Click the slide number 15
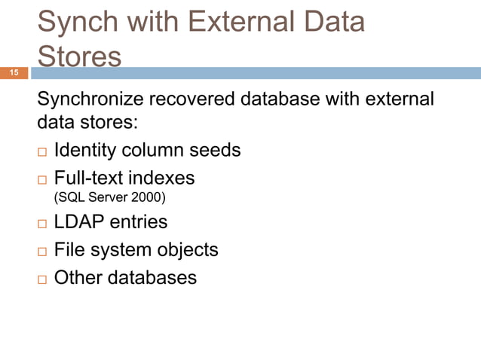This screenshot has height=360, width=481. pyautogui.click(x=14, y=73)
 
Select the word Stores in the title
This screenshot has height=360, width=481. pyautogui.click(x=79, y=57)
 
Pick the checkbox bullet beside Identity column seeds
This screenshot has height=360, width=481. pyautogui.click(x=42, y=152)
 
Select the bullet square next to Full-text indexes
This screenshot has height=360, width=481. pyautogui.click(x=42, y=180)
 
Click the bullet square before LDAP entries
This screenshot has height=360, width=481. pyautogui.click(x=42, y=224)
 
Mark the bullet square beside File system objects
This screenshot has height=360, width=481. pyautogui.click(x=42, y=252)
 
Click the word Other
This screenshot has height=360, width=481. pyautogui.click(x=78, y=278)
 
